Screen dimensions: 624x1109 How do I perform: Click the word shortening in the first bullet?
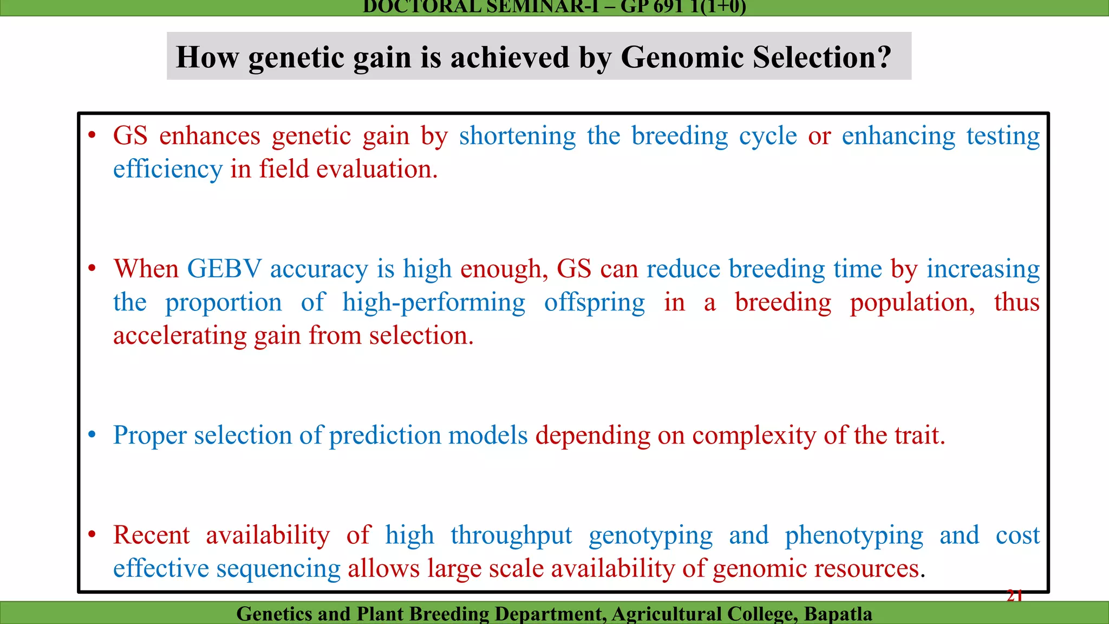coord(517,136)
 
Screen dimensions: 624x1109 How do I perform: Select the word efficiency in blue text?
coord(167,169)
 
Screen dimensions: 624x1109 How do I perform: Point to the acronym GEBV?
coord(224,269)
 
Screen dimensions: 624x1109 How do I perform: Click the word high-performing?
coord(434,302)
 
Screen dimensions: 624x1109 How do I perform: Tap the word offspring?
coord(594,303)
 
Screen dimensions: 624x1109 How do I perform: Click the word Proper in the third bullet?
coord(150,435)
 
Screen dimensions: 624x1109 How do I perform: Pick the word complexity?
coord(754,435)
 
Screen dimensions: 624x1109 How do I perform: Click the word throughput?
coord(511,536)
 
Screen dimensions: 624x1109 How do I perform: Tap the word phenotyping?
coord(854,536)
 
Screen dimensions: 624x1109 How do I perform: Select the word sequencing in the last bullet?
coord(278,569)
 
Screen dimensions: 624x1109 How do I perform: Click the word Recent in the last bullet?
coord(151,535)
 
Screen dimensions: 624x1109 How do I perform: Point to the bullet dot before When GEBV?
coord(92,268)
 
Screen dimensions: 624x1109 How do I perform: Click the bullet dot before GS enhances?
coord(92,135)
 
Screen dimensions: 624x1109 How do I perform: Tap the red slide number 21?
coord(1014,596)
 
